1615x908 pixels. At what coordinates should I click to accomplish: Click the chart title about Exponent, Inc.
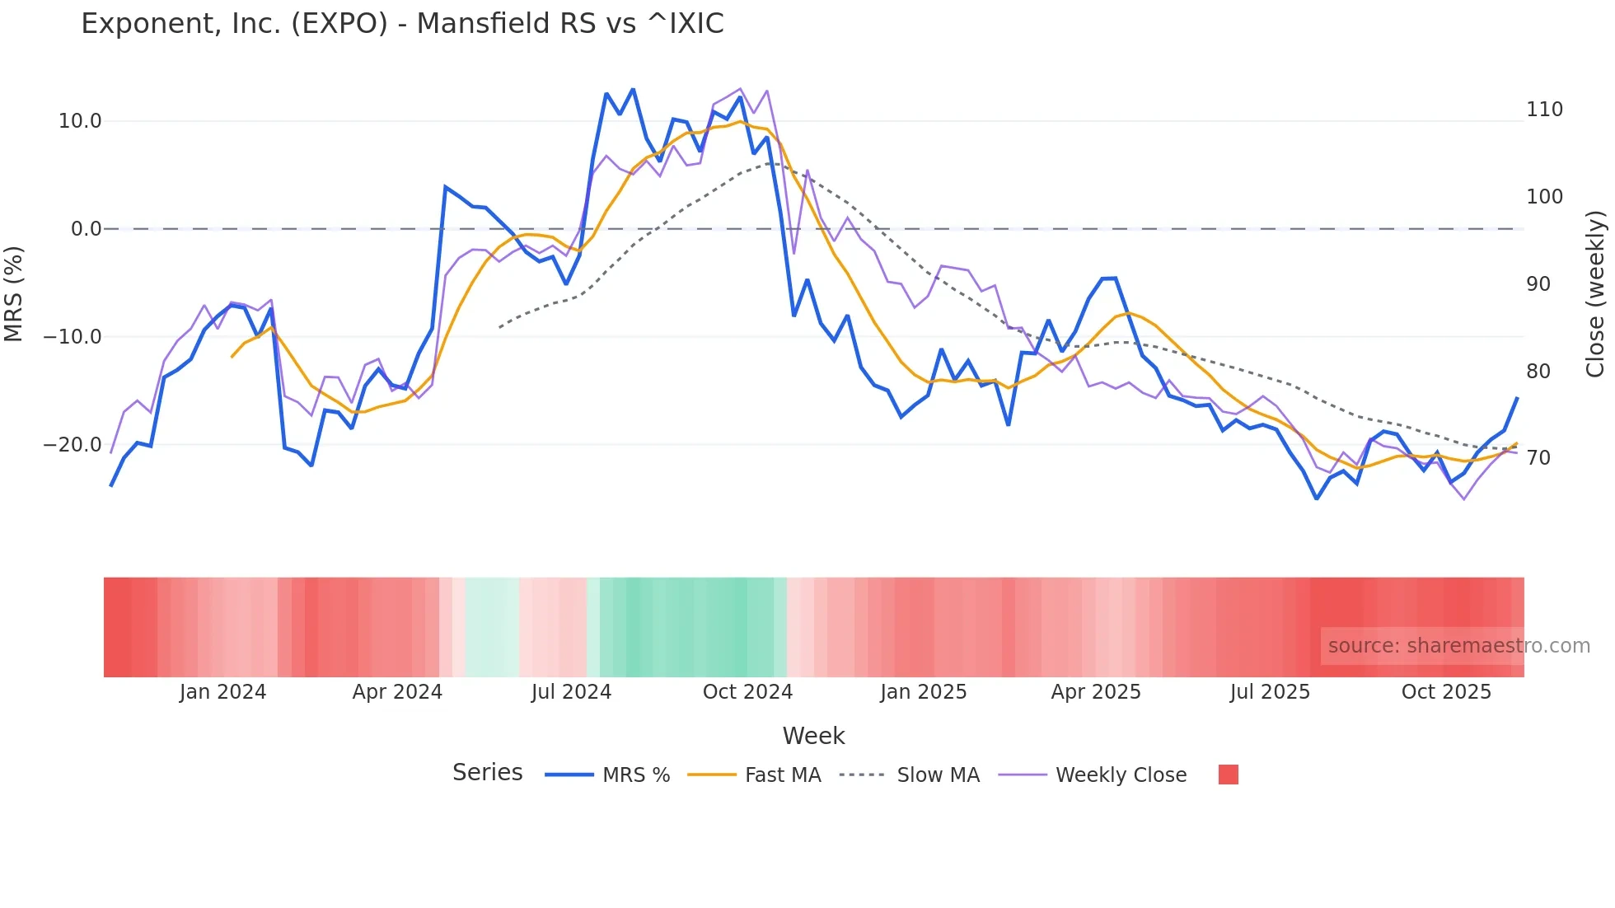(x=402, y=24)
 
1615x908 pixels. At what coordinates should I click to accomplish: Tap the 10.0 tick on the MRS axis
(x=80, y=121)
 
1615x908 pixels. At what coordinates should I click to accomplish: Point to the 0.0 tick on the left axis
(x=87, y=229)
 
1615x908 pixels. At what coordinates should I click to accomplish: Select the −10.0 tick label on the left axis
(x=73, y=337)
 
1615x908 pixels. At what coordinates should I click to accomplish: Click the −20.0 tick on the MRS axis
(x=73, y=445)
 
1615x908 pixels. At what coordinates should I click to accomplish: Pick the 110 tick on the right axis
(x=1544, y=110)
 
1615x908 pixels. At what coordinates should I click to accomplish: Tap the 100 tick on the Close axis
(x=1544, y=197)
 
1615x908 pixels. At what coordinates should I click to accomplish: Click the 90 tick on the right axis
(x=1538, y=284)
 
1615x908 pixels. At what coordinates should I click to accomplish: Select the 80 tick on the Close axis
(x=1538, y=372)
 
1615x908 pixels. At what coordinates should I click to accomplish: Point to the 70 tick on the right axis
(x=1538, y=458)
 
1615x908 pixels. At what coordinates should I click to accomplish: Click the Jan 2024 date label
(x=222, y=692)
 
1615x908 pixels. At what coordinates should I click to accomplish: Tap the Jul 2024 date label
(x=571, y=692)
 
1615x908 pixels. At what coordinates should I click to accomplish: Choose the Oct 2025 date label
(x=1446, y=692)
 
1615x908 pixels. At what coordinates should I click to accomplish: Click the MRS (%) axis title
(x=14, y=294)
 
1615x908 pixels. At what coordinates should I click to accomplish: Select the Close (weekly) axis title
(x=1596, y=294)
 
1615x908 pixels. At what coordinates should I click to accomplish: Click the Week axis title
(x=813, y=736)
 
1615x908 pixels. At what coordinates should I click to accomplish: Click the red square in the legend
(x=1228, y=775)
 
